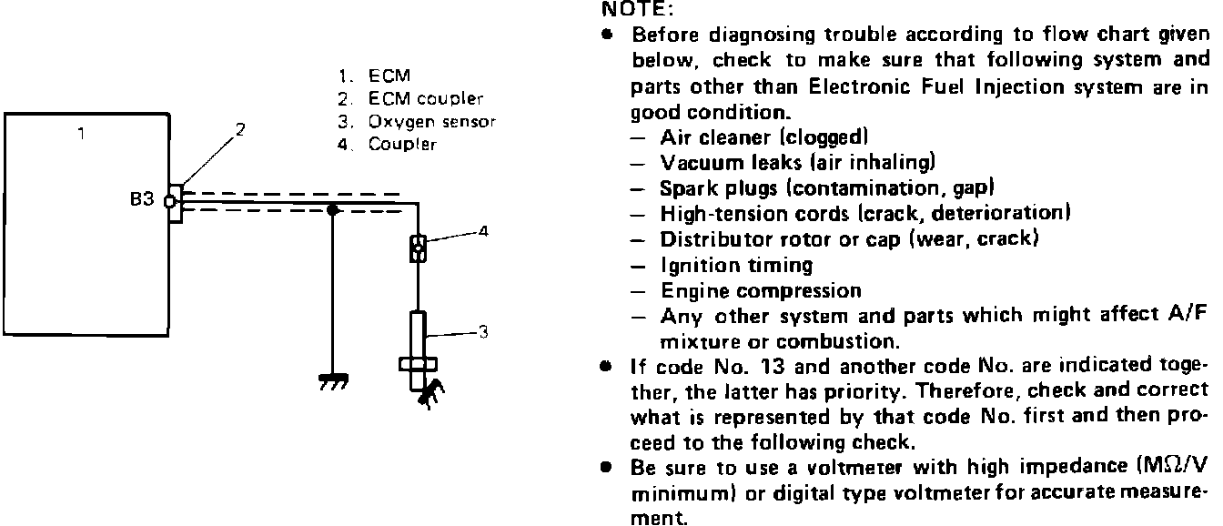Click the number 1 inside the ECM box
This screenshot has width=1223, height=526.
pyautogui.click(x=81, y=134)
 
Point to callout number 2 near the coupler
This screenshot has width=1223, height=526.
pyautogui.click(x=240, y=128)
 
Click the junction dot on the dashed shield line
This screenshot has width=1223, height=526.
pyautogui.click(x=334, y=210)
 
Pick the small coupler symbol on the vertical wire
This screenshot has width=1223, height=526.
pyautogui.click(x=418, y=248)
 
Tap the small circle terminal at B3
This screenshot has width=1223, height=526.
pyautogui.click(x=168, y=201)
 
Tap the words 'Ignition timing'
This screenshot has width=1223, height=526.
pyautogui.click(x=736, y=266)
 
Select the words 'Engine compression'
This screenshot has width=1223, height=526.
pyautogui.click(x=761, y=291)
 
